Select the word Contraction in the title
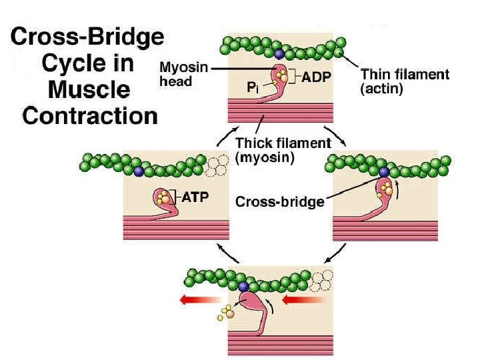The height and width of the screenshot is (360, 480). click(90, 117)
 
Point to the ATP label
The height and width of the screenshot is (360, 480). click(195, 197)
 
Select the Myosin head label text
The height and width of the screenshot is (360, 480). click(177, 73)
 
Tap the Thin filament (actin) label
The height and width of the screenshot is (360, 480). click(404, 81)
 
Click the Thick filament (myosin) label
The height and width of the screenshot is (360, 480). click(283, 149)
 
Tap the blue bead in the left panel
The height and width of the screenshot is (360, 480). click(138, 172)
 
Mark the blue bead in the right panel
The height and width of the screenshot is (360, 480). click(385, 173)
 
